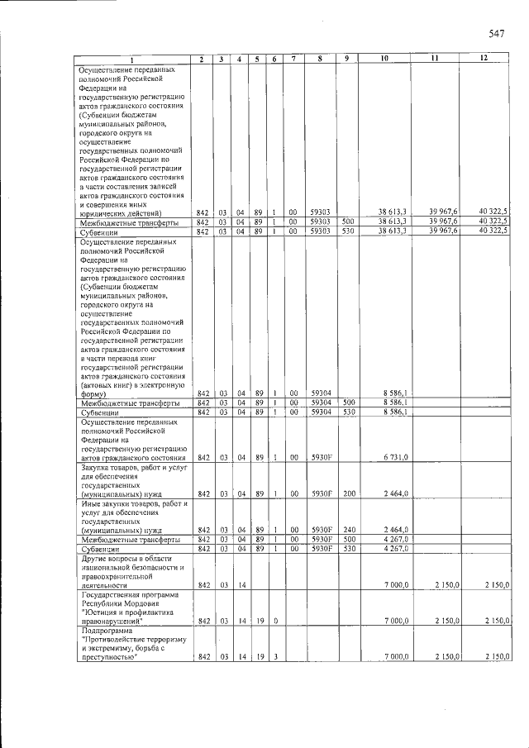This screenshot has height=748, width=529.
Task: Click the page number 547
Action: [x=496, y=34]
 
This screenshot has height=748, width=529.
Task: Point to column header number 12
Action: [x=484, y=59]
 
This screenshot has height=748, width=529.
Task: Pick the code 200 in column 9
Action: [x=348, y=493]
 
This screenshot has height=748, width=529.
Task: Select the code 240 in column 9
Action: [x=348, y=530]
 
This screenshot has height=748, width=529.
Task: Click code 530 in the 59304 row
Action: [x=348, y=412]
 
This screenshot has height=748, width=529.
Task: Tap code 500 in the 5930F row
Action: [x=348, y=539]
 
